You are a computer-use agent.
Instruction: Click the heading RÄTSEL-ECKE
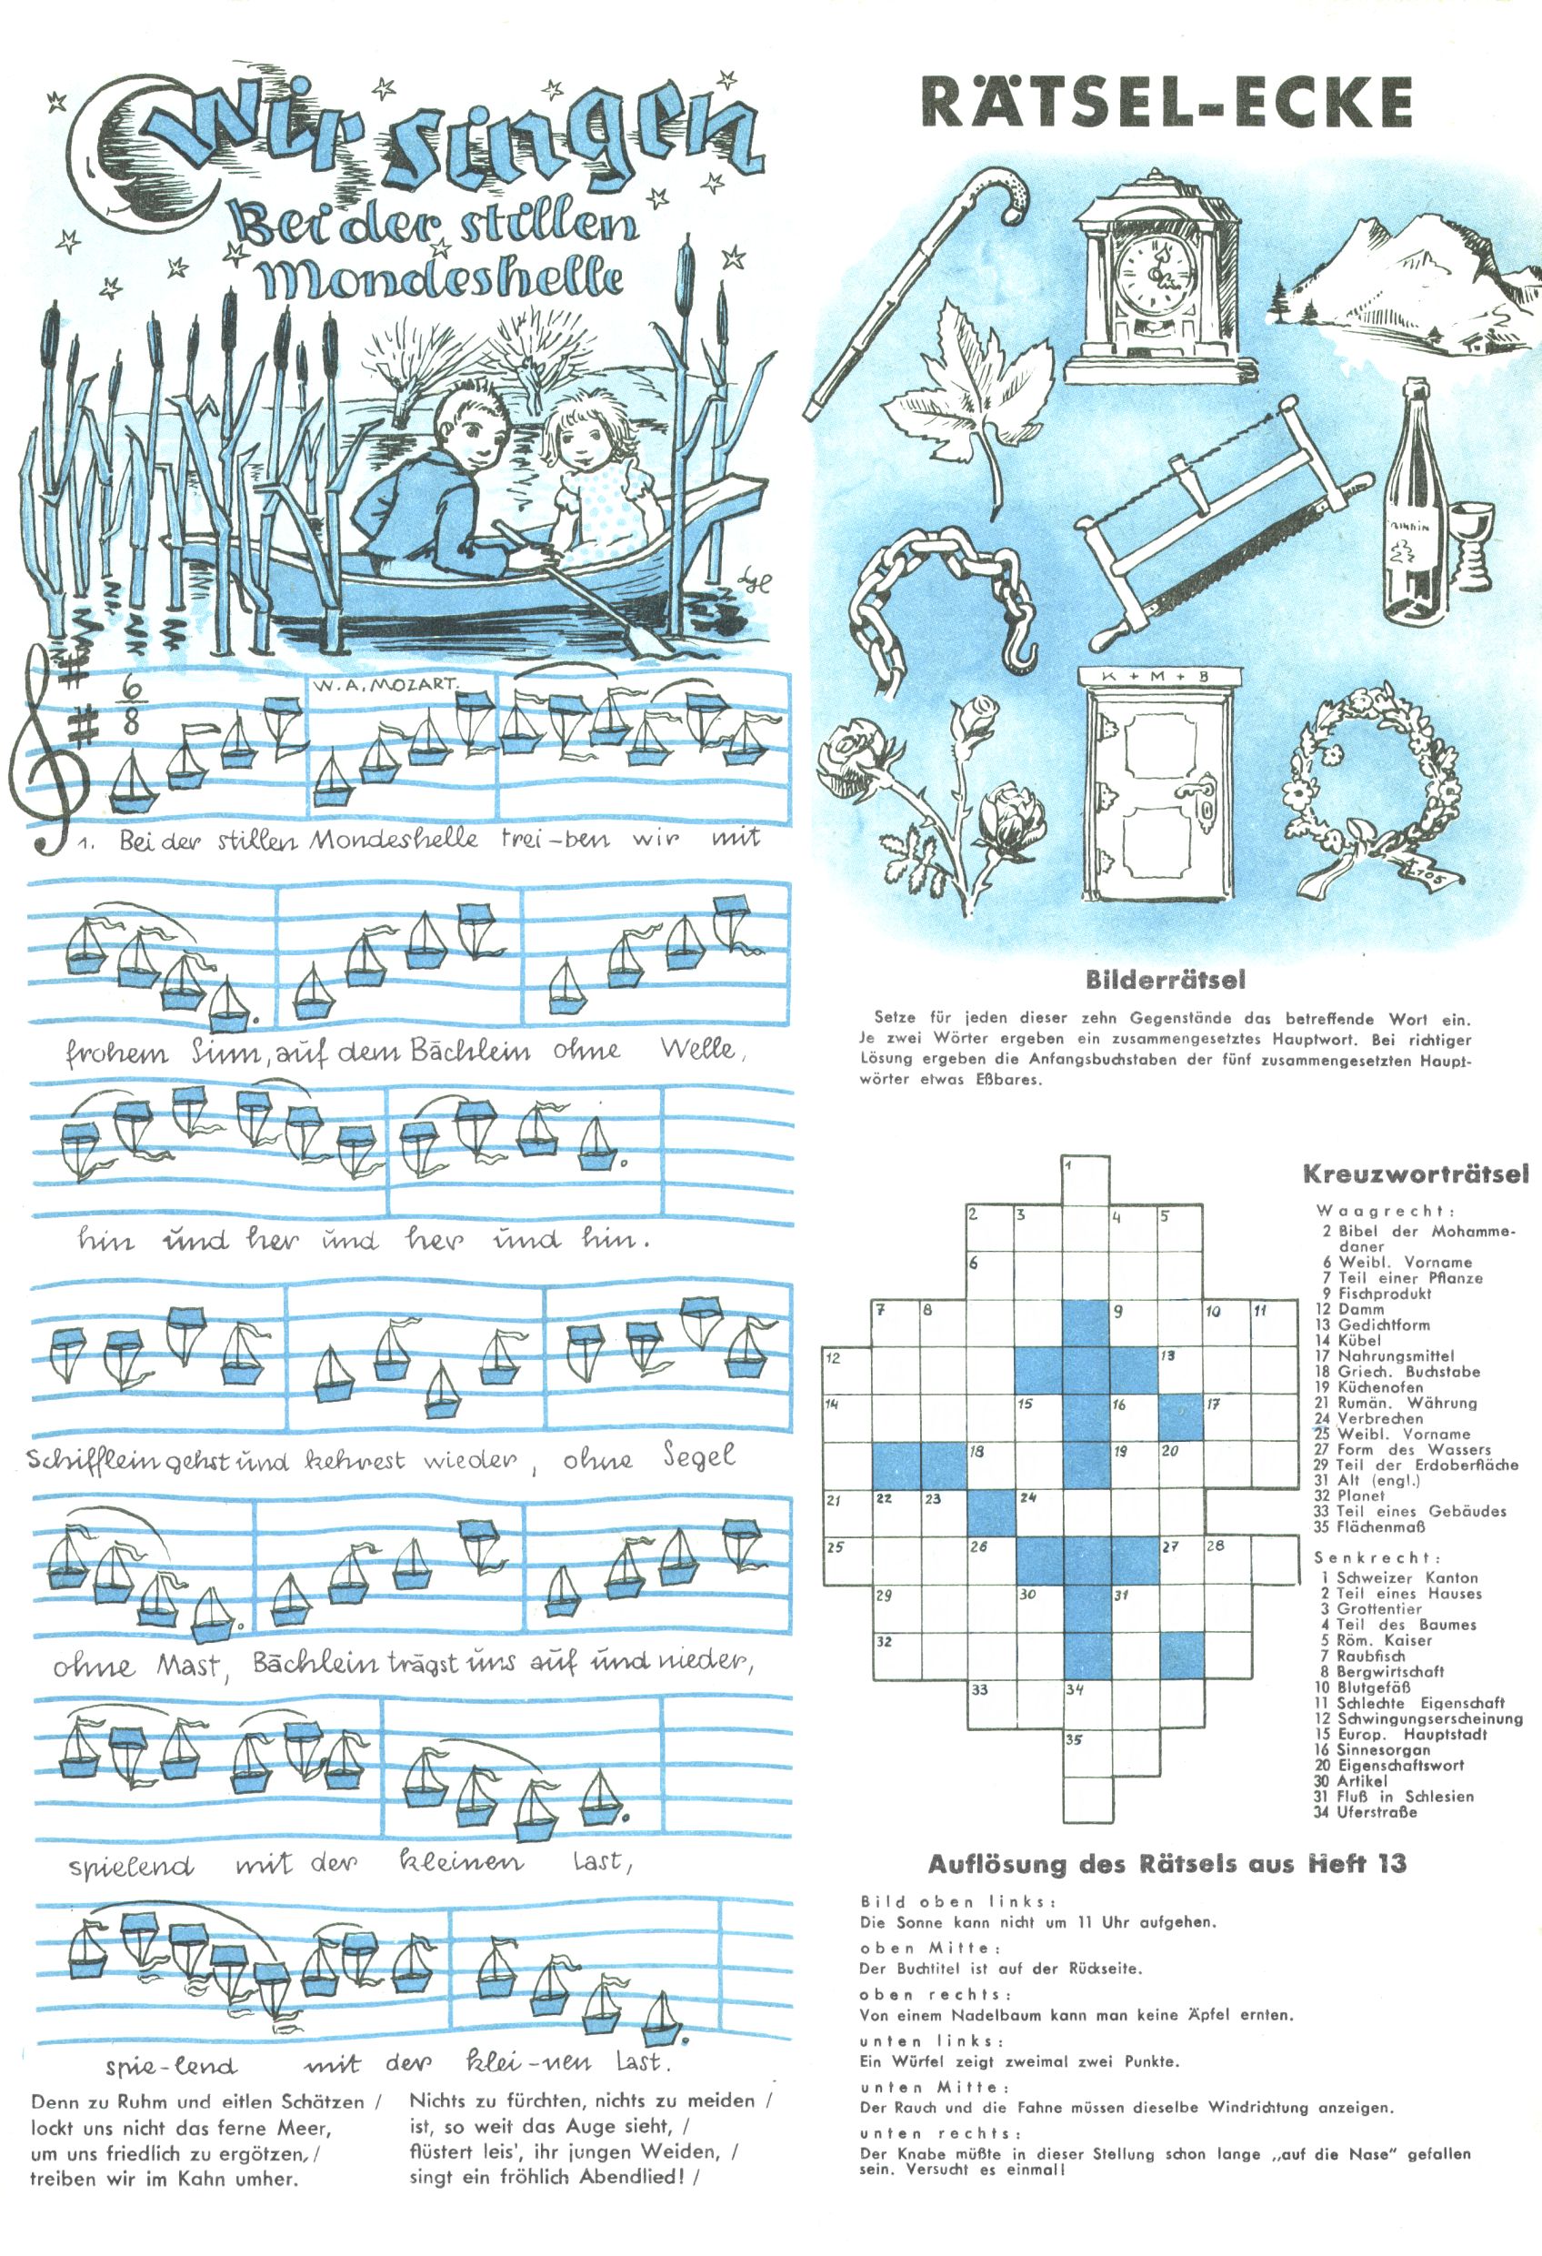[x=1166, y=102]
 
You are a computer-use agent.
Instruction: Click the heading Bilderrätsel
[x=1165, y=980]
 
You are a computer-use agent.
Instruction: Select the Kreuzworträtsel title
[x=1415, y=1173]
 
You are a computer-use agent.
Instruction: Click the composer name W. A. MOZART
[x=385, y=684]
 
